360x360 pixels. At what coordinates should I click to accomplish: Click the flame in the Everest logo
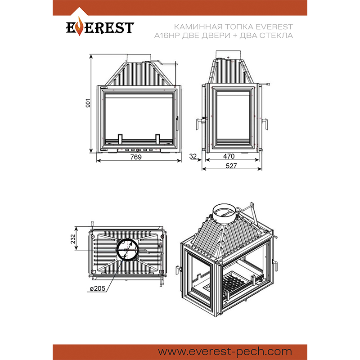(80, 26)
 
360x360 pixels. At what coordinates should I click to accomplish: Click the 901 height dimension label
(88, 103)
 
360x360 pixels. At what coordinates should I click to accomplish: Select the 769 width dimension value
(136, 157)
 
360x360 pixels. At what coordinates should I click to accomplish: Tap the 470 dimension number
(229, 156)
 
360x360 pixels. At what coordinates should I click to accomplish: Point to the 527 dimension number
(231, 166)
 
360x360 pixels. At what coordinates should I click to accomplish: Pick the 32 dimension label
(193, 156)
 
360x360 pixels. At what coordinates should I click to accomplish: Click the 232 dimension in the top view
(73, 239)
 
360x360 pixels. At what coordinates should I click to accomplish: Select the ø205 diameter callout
(98, 288)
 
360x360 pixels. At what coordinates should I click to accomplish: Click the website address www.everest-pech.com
(225, 351)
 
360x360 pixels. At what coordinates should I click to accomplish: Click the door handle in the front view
(177, 124)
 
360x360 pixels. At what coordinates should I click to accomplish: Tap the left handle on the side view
(198, 124)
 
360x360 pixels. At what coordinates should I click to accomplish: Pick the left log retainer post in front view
(121, 139)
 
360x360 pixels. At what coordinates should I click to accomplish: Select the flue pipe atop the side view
(228, 54)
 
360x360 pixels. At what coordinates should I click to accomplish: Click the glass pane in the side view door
(233, 117)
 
